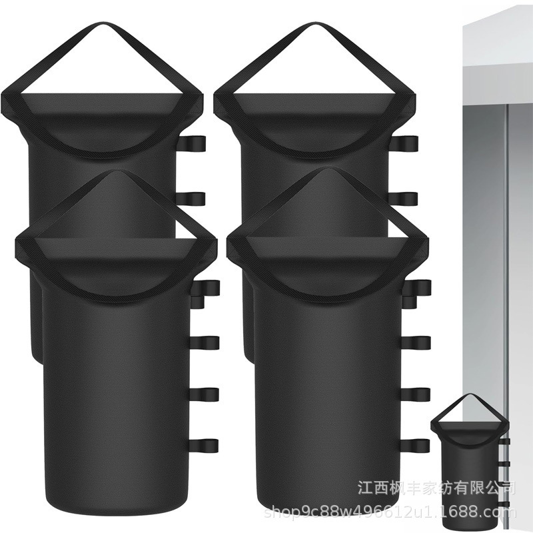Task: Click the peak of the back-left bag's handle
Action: (103, 24)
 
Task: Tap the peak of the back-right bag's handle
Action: (314, 24)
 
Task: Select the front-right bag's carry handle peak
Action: (328, 169)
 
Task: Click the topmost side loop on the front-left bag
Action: (207, 288)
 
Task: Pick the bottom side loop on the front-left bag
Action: (204, 444)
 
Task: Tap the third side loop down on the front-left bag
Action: (204, 394)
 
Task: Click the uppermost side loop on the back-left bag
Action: (192, 145)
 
